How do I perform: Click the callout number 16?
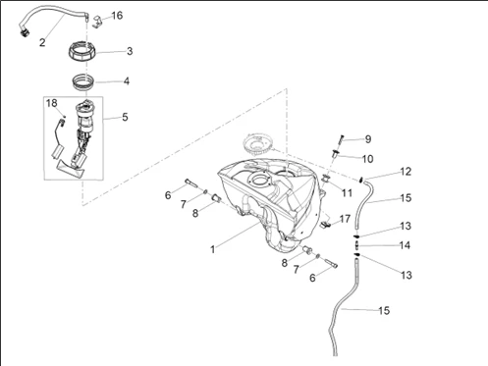pyautogui.click(x=117, y=16)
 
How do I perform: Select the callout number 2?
pyautogui.click(x=42, y=42)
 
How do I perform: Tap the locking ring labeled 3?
pyautogui.click(x=81, y=52)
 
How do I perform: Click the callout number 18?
pyautogui.click(x=51, y=103)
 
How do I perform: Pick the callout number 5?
pyautogui.click(x=125, y=117)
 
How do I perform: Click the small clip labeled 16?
pyautogui.click(x=96, y=22)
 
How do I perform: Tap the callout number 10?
pyautogui.click(x=367, y=159)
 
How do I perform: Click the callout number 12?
pyautogui.click(x=406, y=172)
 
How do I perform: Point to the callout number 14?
pyautogui.click(x=405, y=245)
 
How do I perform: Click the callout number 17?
pyautogui.click(x=345, y=219)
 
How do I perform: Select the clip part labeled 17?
pyautogui.click(x=326, y=224)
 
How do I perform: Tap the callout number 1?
pyautogui.click(x=213, y=249)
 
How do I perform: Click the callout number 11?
pyautogui.click(x=347, y=193)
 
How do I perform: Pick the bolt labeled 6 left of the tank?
pyautogui.click(x=191, y=183)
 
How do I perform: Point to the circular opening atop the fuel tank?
pyautogui.click(x=259, y=180)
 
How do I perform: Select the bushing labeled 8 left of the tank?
pyautogui.click(x=216, y=198)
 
